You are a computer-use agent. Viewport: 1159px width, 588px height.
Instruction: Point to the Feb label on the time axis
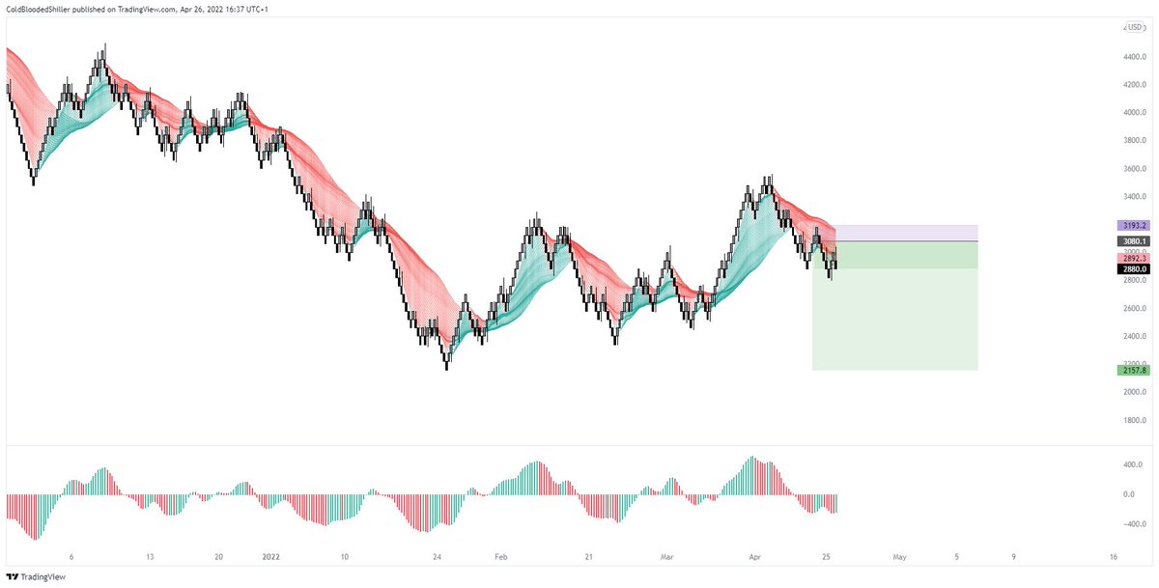(500, 557)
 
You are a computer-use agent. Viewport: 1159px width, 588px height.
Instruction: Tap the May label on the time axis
(900, 557)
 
